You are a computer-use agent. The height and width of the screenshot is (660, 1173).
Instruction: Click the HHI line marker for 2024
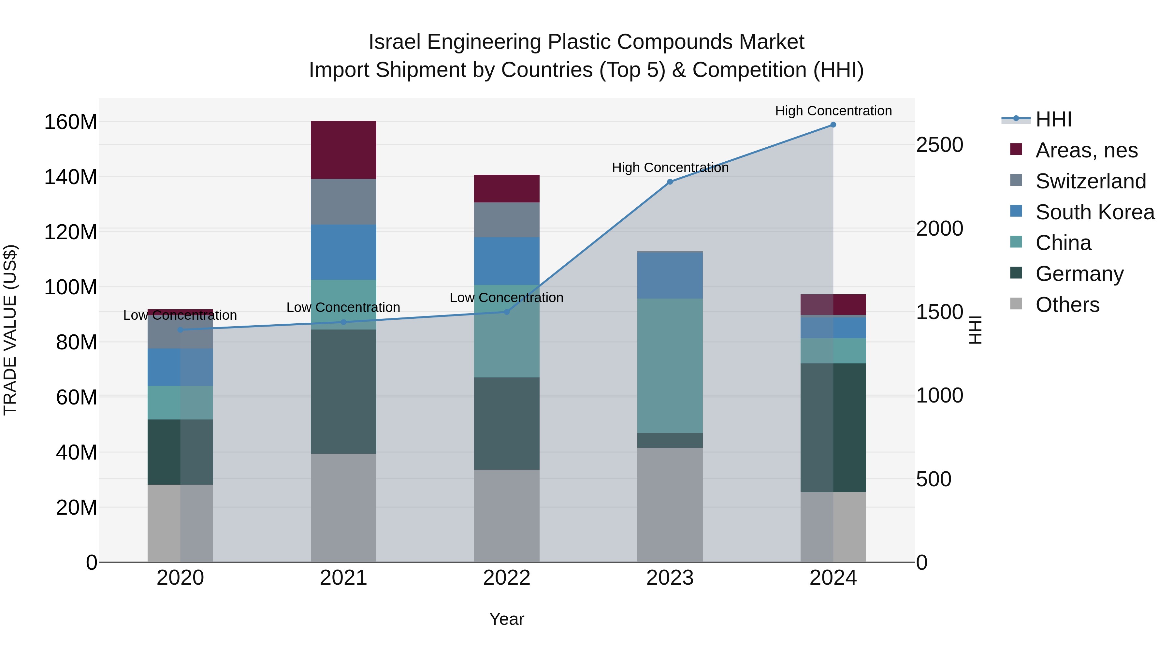[x=833, y=125]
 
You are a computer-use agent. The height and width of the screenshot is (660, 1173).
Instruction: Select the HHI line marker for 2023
[x=670, y=182]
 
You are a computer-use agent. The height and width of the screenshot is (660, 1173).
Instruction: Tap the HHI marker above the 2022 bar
[x=506, y=312]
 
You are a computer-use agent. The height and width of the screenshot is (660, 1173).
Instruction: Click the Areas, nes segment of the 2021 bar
[x=343, y=150]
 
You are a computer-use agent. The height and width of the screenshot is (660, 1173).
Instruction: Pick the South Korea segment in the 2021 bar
[x=343, y=252]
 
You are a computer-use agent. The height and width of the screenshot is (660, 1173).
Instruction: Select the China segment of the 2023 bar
[x=670, y=366]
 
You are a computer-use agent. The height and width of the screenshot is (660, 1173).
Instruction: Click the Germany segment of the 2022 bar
[x=506, y=424]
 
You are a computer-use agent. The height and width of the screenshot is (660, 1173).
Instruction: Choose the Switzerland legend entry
[x=1090, y=181]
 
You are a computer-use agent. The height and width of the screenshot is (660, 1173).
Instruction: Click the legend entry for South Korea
[x=1095, y=212]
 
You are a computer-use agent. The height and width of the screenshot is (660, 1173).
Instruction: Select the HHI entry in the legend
[x=1053, y=119]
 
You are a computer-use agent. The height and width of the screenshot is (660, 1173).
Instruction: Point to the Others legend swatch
[x=1016, y=304]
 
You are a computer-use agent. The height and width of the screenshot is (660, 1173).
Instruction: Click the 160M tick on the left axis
[x=71, y=122]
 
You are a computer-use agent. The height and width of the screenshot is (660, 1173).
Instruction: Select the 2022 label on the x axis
[x=506, y=578]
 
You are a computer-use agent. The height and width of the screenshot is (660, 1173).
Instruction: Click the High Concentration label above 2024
[x=833, y=111]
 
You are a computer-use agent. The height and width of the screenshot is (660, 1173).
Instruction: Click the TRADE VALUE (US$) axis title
[x=10, y=330]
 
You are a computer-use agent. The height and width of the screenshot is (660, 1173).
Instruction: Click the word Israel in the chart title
[x=394, y=42]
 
